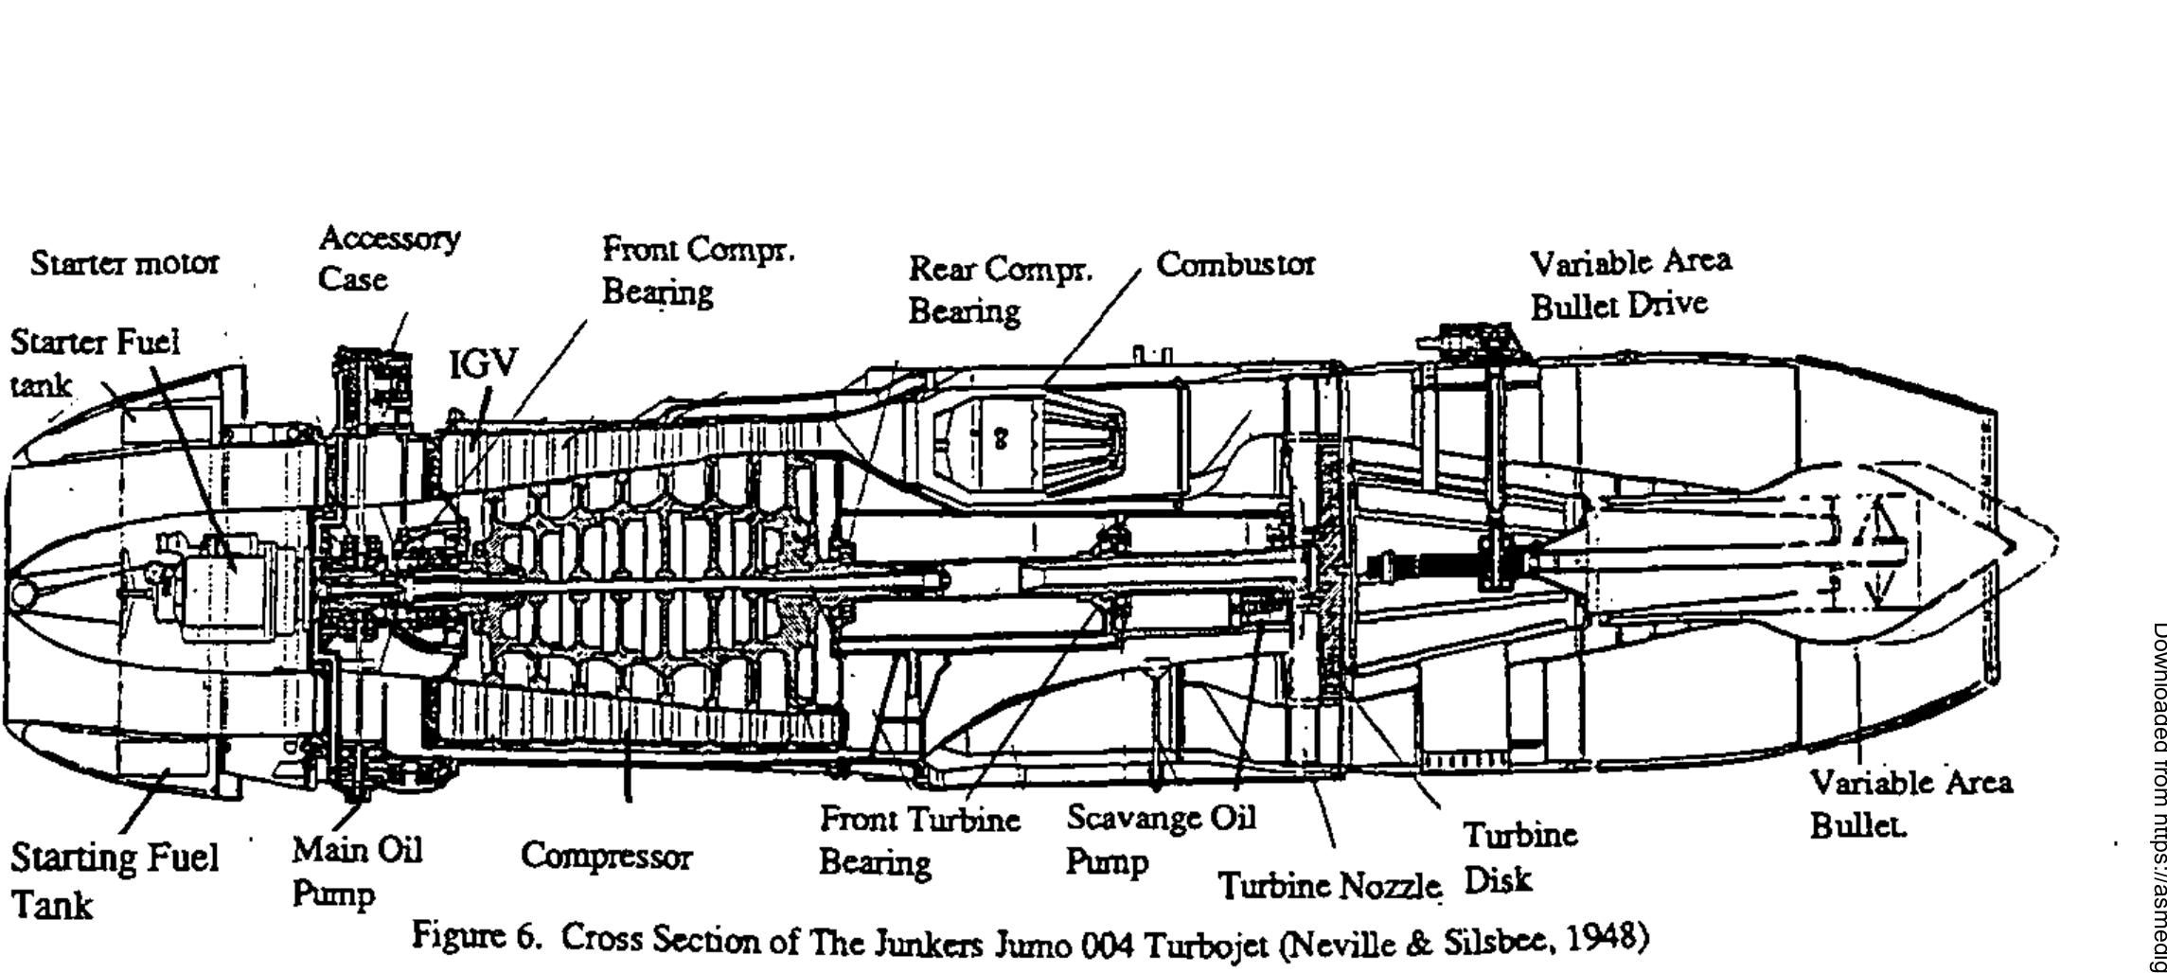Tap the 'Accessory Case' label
click(388, 257)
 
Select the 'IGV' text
click(484, 363)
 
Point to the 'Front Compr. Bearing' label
click(698, 270)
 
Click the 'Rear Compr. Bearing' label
click(1000, 290)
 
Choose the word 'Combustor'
click(1234, 264)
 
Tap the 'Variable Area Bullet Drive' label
click(1629, 282)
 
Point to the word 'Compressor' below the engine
click(606, 857)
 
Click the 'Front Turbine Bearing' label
click(918, 840)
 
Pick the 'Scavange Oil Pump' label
click(1160, 839)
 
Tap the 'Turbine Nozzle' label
click(1328, 886)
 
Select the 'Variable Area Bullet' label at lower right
click(1909, 804)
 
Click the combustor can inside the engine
click(1027, 440)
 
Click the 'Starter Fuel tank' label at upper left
click(93, 362)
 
